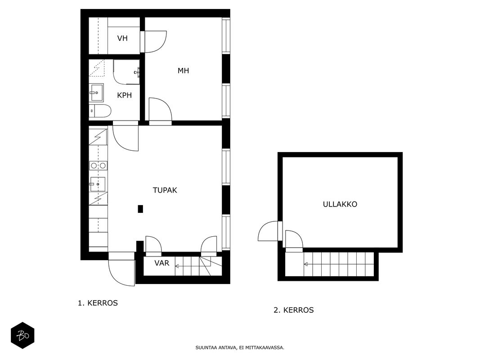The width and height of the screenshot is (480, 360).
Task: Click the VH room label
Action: click(x=122, y=38)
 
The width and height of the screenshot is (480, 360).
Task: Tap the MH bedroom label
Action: click(x=183, y=71)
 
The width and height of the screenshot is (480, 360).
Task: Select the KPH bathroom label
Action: click(x=124, y=95)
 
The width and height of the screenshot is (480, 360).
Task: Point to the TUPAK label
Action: click(x=165, y=190)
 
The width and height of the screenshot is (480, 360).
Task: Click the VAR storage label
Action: click(x=161, y=263)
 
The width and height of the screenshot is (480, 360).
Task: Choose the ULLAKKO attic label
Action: click(x=340, y=204)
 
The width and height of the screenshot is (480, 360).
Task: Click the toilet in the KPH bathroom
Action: click(x=100, y=111)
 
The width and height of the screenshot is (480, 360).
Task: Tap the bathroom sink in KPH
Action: click(x=96, y=92)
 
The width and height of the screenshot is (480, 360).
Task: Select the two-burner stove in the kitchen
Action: click(x=98, y=166)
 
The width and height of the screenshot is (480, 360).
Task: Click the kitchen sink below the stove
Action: click(x=98, y=184)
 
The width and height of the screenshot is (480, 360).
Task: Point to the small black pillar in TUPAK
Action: click(x=140, y=209)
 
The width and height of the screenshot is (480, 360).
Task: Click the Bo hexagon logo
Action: click(x=22, y=336)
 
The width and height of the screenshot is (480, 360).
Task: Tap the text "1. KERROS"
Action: click(x=98, y=303)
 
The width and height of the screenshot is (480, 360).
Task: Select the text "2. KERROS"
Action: click(x=294, y=310)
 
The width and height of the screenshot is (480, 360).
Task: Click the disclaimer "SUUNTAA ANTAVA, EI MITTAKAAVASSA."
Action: click(x=240, y=348)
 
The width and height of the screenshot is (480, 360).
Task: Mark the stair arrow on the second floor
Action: click(x=339, y=264)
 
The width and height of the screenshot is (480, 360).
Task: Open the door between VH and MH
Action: click(x=153, y=42)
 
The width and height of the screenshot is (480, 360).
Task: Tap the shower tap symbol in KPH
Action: click(x=137, y=72)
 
